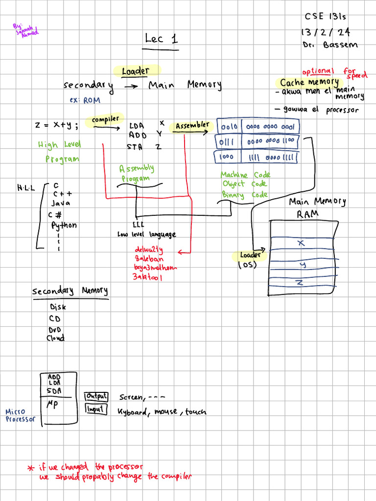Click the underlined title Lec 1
162,39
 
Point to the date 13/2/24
325,33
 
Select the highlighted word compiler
105,119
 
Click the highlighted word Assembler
192,125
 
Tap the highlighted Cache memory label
309,82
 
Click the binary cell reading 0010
229,127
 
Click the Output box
96,397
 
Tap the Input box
96,409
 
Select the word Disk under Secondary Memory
58,307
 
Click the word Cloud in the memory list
55,338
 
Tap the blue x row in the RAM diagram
301,243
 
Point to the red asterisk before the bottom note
30,468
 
